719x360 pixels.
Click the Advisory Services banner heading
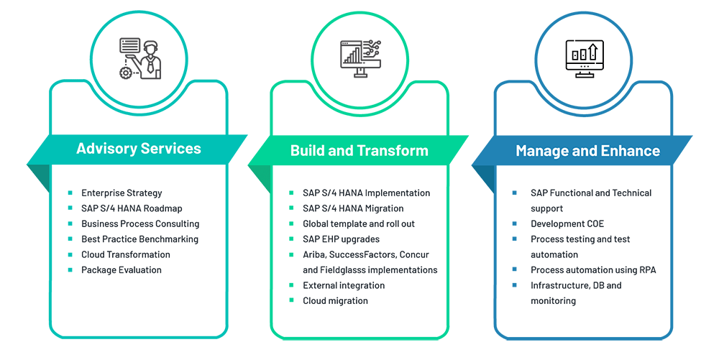(139, 149)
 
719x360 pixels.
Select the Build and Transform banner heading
(359, 150)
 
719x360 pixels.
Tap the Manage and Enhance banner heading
(587, 151)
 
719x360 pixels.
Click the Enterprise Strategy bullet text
(122, 193)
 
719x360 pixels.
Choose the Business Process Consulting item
(140, 223)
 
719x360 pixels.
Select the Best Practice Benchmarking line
(139, 239)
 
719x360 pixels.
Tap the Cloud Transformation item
(126, 254)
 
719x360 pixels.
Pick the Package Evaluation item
(122, 270)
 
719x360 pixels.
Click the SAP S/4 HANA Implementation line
(366, 193)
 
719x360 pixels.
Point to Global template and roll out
(359, 223)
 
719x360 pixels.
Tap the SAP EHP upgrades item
(341, 239)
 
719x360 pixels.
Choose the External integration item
(344, 285)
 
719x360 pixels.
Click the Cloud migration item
(335, 300)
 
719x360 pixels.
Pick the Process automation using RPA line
(593, 270)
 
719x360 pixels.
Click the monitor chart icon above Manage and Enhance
(583, 58)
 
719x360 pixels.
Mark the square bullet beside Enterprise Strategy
(70, 193)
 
